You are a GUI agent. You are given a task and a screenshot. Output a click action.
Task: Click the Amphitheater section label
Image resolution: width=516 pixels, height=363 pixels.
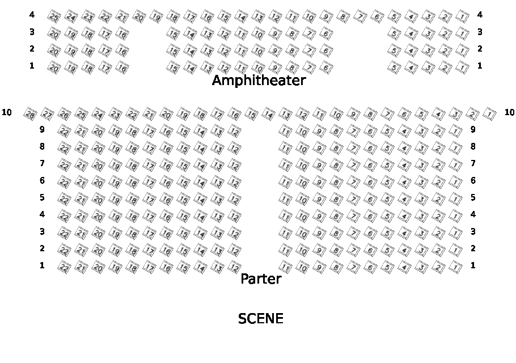click(x=259, y=81)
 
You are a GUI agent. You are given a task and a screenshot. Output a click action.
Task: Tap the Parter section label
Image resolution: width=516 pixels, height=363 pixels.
click(x=261, y=279)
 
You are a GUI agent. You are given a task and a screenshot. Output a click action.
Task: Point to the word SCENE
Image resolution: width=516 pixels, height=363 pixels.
click(x=260, y=319)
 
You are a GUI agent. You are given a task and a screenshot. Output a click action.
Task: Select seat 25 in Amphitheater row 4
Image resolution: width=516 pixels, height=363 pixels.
click(x=54, y=17)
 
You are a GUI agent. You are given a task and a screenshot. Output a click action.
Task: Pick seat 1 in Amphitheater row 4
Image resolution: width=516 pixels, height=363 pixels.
click(x=463, y=17)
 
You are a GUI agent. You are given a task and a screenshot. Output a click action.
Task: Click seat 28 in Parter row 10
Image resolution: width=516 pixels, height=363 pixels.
click(x=30, y=115)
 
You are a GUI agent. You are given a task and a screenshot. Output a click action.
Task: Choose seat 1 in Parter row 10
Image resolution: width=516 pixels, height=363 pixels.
click(x=490, y=115)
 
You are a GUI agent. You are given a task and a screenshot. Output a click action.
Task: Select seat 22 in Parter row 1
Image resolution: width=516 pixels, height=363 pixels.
click(x=65, y=268)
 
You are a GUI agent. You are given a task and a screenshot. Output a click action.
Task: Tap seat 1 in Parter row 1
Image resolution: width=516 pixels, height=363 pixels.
click(x=455, y=268)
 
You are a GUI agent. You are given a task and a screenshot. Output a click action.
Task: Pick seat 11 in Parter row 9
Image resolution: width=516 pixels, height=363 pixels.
click(x=286, y=132)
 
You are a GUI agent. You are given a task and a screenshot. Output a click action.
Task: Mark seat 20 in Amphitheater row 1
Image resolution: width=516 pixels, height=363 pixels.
click(x=54, y=68)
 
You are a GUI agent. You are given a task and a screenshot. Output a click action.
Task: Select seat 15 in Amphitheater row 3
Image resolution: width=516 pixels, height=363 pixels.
click(x=174, y=34)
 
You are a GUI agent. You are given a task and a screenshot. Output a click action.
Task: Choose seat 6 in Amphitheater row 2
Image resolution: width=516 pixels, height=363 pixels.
click(x=327, y=51)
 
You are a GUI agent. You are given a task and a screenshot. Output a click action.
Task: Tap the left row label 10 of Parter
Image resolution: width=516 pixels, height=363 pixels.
click(x=7, y=112)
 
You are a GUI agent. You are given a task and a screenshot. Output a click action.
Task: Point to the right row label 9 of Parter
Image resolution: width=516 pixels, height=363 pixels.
click(x=473, y=129)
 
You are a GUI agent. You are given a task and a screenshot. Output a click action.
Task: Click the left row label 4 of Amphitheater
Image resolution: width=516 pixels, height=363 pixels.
click(x=32, y=15)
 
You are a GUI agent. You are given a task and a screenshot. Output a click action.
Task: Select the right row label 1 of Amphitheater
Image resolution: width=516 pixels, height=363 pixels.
click(x=480, y=66)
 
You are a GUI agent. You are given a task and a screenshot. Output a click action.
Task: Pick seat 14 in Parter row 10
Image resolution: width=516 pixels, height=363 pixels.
click(x=269, y=115)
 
